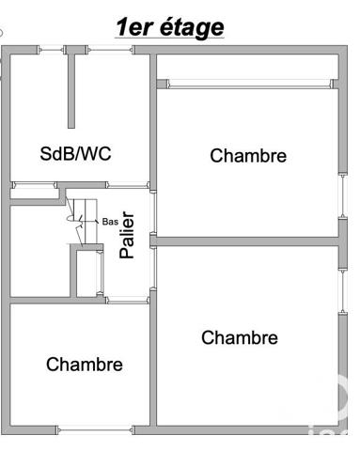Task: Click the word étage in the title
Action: point(191,27)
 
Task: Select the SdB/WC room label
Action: point(75,152)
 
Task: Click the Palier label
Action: point(128,236)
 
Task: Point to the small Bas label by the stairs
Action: point(110,223)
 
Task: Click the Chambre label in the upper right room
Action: point(247,156)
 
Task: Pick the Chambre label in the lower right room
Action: point(240,337)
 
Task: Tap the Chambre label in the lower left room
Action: point(84,364)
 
